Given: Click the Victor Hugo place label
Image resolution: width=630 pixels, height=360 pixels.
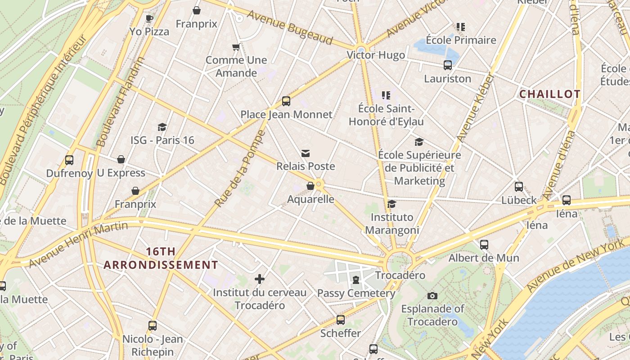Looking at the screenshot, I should [376, 55].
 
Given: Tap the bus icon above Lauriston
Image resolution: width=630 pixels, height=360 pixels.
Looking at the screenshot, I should [448, 65].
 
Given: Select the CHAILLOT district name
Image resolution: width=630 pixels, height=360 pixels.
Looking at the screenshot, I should [549, 94].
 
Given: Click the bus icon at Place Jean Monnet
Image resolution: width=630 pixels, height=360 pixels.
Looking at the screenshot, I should [286, 101].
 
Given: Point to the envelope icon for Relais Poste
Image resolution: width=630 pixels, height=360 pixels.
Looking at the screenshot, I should [306, 153].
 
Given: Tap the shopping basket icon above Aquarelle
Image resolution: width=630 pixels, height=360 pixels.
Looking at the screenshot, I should [310, 186].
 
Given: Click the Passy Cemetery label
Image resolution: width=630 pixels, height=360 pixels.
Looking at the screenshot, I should [356, 293].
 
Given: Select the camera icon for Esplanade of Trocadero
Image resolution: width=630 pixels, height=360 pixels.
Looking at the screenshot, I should [432, 296].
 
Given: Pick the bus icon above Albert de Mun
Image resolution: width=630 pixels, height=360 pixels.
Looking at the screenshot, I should [484, 245].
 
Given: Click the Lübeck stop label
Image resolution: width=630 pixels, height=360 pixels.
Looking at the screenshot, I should [519, 200].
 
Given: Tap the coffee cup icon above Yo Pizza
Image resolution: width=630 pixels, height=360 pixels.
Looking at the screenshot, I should [149, 18].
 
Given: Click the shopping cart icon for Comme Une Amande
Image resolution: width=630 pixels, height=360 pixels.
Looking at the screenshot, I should [236, 47].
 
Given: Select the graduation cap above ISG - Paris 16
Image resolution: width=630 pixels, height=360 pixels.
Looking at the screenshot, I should [162, 127].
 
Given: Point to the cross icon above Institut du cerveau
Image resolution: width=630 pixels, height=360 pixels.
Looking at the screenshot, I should [260, 279].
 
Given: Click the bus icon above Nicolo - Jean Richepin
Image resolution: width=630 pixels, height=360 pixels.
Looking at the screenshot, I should [153, 326].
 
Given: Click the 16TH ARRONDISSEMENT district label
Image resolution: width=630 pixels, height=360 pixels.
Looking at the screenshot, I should [161, 258].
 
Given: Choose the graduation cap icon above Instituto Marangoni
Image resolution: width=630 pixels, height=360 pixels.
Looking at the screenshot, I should [392, 204].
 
